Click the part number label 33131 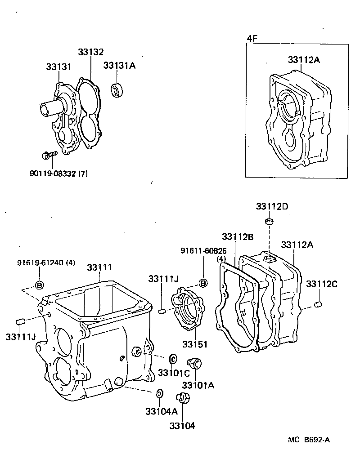tap(58, 67)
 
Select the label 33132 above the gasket tap(90, 52)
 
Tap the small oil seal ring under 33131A tap(117, 90)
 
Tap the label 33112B tap(237, 236)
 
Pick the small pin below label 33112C tap(319, 305)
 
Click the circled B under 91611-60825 tap(203, 283)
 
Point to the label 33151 tap(195, 344)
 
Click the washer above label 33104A tap(159, 394)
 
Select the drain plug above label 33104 tap(184, 399)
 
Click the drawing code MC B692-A tap(309, 440)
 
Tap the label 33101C tap(170, 373)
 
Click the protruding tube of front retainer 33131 tap(49, 109)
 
